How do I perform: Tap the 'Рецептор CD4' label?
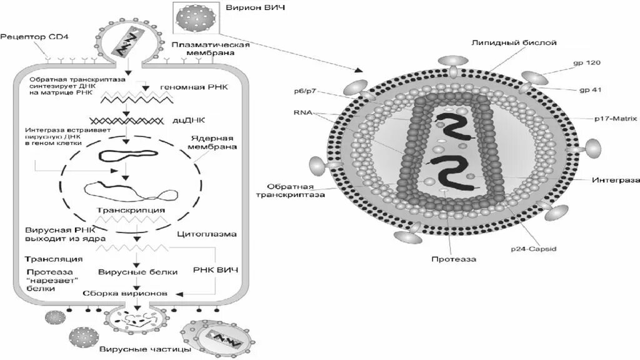pos(26,37)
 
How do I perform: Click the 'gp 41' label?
pos(587,90)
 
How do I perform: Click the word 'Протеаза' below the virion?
pos(453,259)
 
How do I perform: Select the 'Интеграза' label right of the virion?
pos(616,179)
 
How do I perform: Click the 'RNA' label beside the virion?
pos(302,113)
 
